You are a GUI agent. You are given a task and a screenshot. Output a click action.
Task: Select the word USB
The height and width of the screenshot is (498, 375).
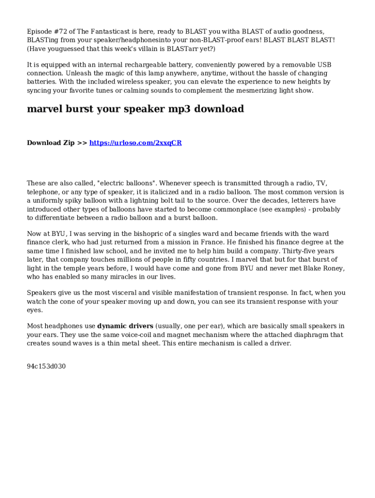click(x=324, y=65)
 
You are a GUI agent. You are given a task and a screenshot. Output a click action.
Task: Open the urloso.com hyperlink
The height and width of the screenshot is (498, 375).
click(x=135, y=143)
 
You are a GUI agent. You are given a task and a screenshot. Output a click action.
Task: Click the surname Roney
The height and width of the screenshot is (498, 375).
click(x=333, y=268)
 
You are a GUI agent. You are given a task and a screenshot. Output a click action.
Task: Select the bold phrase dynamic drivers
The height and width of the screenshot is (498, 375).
click(x=125, y=326)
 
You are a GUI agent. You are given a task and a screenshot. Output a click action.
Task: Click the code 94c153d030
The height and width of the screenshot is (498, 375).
click(x=46, y=366)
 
